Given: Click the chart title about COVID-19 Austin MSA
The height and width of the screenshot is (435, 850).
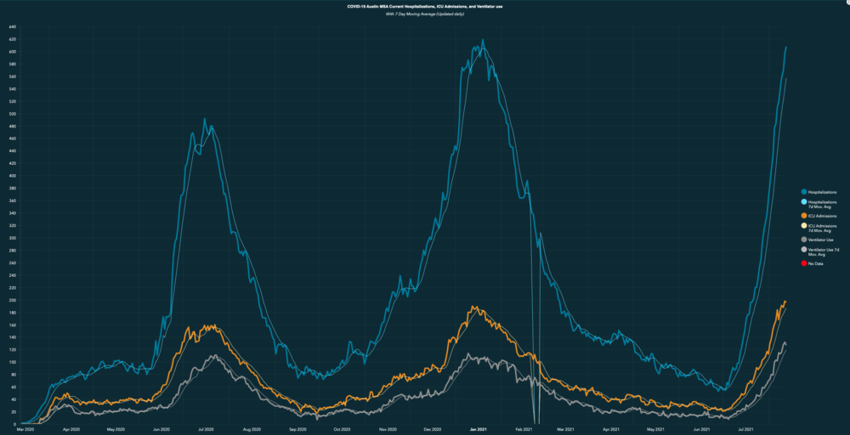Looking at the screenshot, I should pyautogui.click(x=425, y=6).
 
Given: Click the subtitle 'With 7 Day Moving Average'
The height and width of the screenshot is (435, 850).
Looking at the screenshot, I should pyautogui.click(x=425, y=14).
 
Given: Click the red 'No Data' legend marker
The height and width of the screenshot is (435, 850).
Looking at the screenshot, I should pyautogui.click(x=804, y=263).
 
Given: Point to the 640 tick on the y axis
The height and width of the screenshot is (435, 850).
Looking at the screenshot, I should pyautogui.click(x=13, y=27).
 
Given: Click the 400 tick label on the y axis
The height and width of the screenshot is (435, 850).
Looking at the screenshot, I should pyautogui.click(x=13, y=176).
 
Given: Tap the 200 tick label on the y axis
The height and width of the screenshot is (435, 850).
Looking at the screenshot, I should pyautogui.click(x=13, y=300).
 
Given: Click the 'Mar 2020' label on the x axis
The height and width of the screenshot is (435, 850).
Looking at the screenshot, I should pyautogui.click(x=25, y=430).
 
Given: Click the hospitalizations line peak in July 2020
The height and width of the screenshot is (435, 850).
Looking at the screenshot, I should pyautogui.click(x=204, y=119).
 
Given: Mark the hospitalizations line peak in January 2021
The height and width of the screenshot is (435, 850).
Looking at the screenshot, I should pyautogui.click(x=483, y=40).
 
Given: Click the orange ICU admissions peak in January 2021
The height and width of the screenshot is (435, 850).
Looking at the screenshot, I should pyautogui.click(x=475, y=307).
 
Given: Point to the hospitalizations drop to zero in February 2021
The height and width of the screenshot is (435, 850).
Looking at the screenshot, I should pyautogui.click(x=535, y=422).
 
